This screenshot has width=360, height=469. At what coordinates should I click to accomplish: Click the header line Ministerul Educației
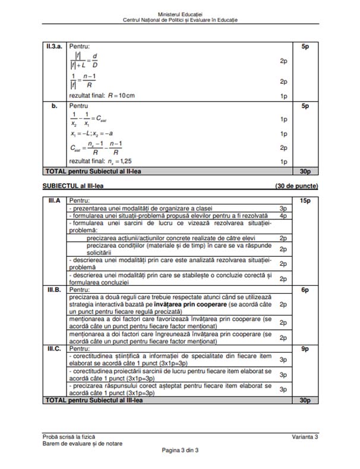[x=180, y=13]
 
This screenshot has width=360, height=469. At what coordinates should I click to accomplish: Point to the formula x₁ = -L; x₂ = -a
[x=94, y=134]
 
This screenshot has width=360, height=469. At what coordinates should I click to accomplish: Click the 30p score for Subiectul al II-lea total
[x=305, y=171]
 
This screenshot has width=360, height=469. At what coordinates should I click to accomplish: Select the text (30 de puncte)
[x=296, y=186]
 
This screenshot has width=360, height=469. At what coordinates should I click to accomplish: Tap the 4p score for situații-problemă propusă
[x=283, y=216]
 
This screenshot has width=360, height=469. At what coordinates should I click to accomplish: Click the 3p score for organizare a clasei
[x=283, y=209]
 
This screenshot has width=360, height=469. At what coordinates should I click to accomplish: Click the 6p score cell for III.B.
[x=305, y=289]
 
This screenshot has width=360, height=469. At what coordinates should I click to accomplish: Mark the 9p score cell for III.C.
[x=305, y=348]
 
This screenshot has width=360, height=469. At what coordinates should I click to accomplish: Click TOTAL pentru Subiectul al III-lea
[x=94, y=401]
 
